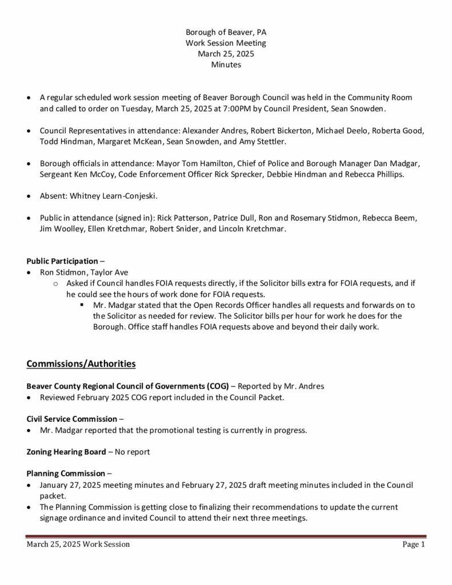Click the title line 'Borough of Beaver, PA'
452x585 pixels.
tap(226, 32)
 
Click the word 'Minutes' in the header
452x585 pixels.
tap(226, 65)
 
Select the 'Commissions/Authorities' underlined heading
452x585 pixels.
tap(81, 363)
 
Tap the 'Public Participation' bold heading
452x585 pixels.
tap(62, 261)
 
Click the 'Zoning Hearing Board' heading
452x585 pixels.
tap(66, 452)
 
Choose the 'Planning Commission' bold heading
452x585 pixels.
tap(66, 474)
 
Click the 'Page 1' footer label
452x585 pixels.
tap(414, 545)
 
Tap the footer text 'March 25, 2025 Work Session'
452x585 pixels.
tap(78, 545)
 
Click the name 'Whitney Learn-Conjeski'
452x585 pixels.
tap(113, 196)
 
